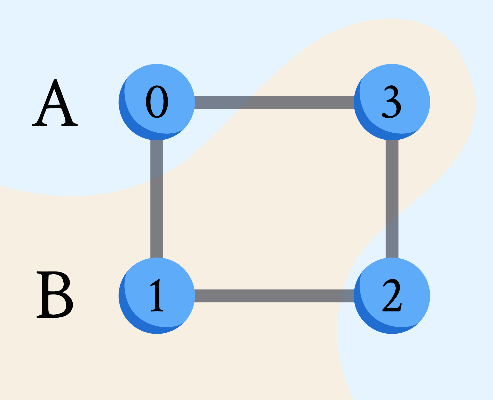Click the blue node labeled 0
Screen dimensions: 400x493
(x=157, y=102)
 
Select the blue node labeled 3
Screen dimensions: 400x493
(x=392, y=102)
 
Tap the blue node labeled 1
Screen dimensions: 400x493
(x=157, y=296)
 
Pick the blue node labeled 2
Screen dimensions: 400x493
(x=392, y=296)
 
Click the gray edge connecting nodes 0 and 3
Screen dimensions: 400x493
(x=274, y=102)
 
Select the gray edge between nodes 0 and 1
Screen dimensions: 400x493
(x=157, y=199)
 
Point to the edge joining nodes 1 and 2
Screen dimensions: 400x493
(x=274, y=296)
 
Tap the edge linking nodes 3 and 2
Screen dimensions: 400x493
(x=392, y=199)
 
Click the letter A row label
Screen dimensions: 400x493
(x=55, y=103)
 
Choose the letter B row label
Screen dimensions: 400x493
(x=54, y=294)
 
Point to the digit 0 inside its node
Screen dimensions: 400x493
(x=157, y=102)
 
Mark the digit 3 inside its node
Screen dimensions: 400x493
(x=392, y=102)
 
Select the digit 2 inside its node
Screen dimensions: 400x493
(x=392, y=295)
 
